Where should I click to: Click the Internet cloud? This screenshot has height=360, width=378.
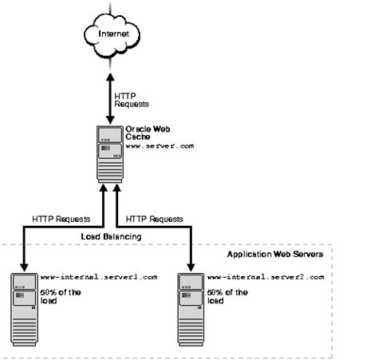pyautogui.click(x=111, y=36)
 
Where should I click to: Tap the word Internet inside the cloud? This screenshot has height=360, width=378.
pyautogui.click(x=111, y=36)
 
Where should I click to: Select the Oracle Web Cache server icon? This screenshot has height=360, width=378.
pyautogui.click(x=109, y=152)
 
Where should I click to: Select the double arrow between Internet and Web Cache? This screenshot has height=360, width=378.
pyautogui.click(x=111, y=92)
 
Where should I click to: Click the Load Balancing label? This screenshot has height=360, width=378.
pyautogui.click(x=111, y=237)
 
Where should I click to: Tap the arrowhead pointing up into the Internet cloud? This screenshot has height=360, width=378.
pyautogui.click(x=111, y=69)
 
